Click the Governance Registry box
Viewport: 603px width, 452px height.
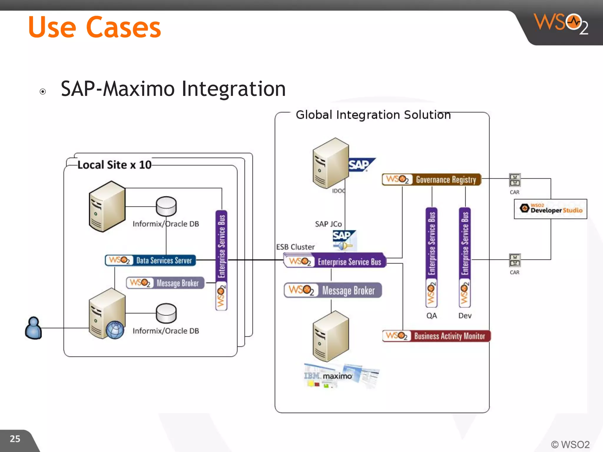point(431,180)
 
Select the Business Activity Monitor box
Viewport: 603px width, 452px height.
point(436,336)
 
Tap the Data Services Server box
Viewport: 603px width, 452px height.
point(150,260)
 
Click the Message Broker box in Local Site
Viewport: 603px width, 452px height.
point(165,283)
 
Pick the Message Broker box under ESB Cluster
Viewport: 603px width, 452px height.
point(333,290)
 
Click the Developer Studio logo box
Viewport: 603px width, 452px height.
point(550,209)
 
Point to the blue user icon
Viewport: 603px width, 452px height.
point(33,328)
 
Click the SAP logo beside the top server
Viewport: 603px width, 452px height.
point(361,165)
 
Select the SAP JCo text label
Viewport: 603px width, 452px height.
point(328,224)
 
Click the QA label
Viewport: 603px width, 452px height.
point(432,316)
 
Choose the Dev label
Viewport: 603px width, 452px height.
point(465,316)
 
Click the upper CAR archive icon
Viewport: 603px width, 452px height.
point(515,180)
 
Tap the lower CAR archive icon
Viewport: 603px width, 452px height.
point(515,260)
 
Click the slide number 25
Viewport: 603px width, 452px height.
point(15,439)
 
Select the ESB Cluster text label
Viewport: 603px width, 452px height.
point(295,247)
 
